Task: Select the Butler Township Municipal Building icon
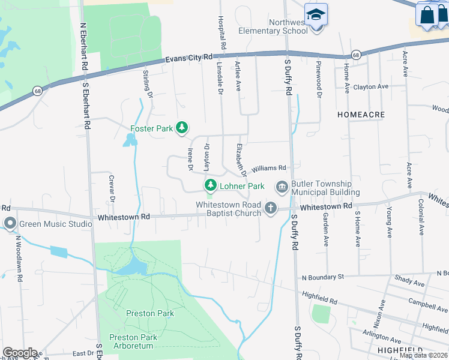click(x=282, y=188)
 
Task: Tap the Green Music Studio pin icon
click(x=10, y=224)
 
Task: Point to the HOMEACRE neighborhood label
click(x=361, y=114)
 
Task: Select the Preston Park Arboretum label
click(x=133, y=341)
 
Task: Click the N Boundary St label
click(x=322, y=277)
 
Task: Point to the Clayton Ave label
click(x=371, y=87)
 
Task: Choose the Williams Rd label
click(x=269, y=169)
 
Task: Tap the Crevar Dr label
click(x=111, y=186)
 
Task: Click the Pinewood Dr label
click(x=319, y=79)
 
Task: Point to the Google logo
click(x=20, y=353)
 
